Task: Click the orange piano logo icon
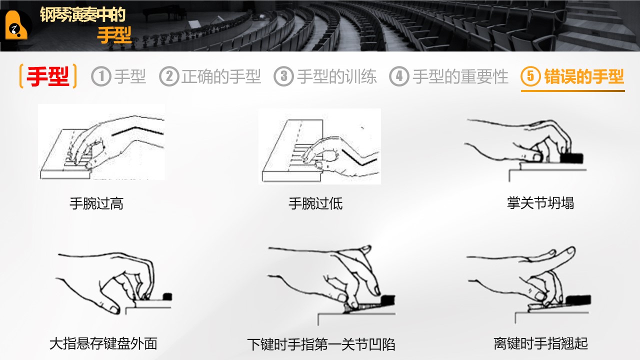16,25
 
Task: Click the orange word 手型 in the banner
114,35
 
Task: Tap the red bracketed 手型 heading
48,76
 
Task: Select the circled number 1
101,76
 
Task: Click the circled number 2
169,76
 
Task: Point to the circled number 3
283,76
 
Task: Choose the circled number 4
399,76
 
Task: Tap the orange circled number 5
530,76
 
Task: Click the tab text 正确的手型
221,76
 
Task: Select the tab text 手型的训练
337,76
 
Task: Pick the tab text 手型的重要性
460,76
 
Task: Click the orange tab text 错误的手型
584,76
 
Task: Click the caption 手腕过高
96,203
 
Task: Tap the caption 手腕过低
315,203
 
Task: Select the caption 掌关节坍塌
540,203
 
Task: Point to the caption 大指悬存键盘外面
103,343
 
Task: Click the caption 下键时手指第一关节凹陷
321,344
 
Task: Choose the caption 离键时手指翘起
540,343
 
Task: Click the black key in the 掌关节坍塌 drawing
571,158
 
